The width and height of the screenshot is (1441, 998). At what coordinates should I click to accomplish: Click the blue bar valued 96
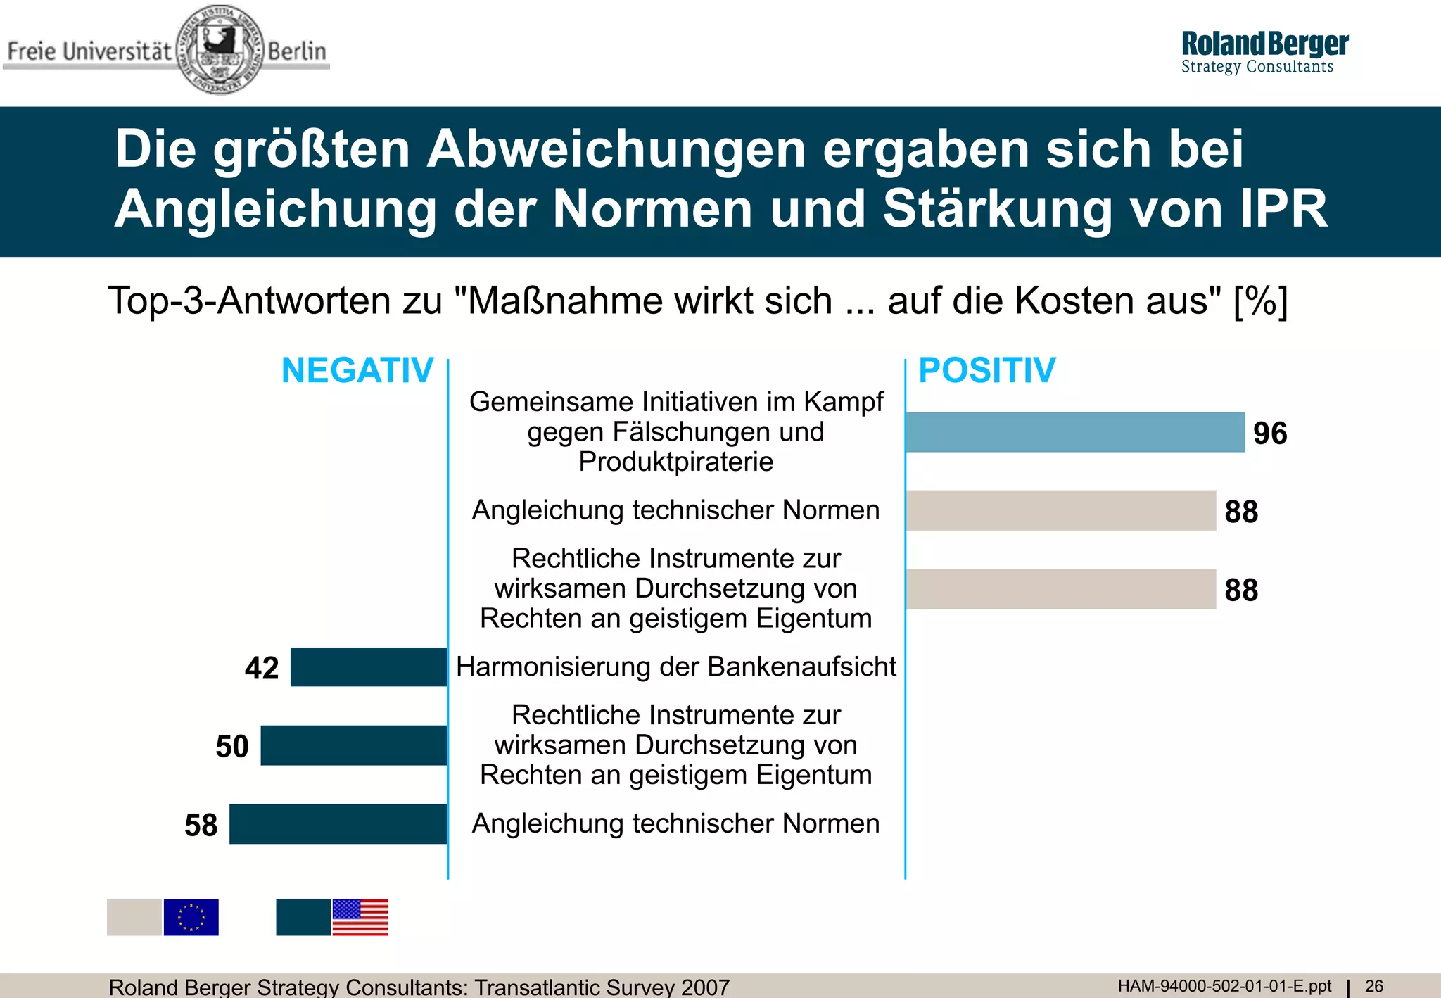[1075, 432]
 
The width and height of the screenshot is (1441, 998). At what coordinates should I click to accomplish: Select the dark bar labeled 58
[338, 823]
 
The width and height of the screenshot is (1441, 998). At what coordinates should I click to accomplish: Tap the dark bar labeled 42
[369, 667]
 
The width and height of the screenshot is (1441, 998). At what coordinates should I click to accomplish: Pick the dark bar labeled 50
[354, 745]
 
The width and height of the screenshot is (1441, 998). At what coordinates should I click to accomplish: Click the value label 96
[1270, 434]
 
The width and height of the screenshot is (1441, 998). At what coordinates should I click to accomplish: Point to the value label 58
[201, 825]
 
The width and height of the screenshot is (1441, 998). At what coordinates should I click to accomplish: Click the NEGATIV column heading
[357, 370]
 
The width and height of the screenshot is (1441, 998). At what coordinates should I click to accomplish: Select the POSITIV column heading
[986, 370]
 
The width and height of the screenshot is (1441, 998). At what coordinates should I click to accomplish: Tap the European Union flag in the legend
[191, 917]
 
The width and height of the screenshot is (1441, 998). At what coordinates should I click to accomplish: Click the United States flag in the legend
[360, 917]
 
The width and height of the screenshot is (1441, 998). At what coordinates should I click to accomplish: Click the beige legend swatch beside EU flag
[134, 917]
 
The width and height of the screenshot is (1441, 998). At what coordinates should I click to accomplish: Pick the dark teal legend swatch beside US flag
[303, 917]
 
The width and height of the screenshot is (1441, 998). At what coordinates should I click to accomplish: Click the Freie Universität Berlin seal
[220, 49]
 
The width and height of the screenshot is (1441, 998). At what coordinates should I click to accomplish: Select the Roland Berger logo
[1264, 51]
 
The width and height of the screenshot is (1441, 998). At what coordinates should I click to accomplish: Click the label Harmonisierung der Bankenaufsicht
[675, 667]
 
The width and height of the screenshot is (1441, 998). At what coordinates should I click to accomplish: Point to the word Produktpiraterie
[675, 462]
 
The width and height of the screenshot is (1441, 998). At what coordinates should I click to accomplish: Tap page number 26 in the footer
[1373, 986]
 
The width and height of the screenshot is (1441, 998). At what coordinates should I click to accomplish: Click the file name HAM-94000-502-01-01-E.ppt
[1224, 986]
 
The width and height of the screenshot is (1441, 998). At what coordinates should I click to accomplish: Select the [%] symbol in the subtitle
[1261, 301]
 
